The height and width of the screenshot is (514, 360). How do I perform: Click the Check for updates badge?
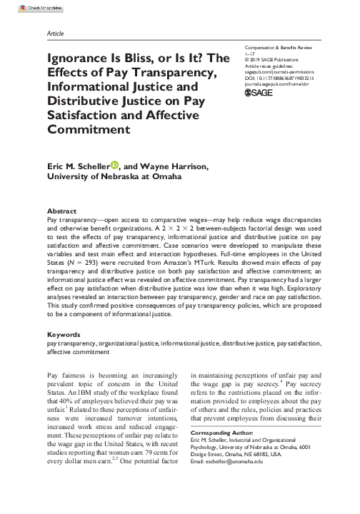click(21, 7)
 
